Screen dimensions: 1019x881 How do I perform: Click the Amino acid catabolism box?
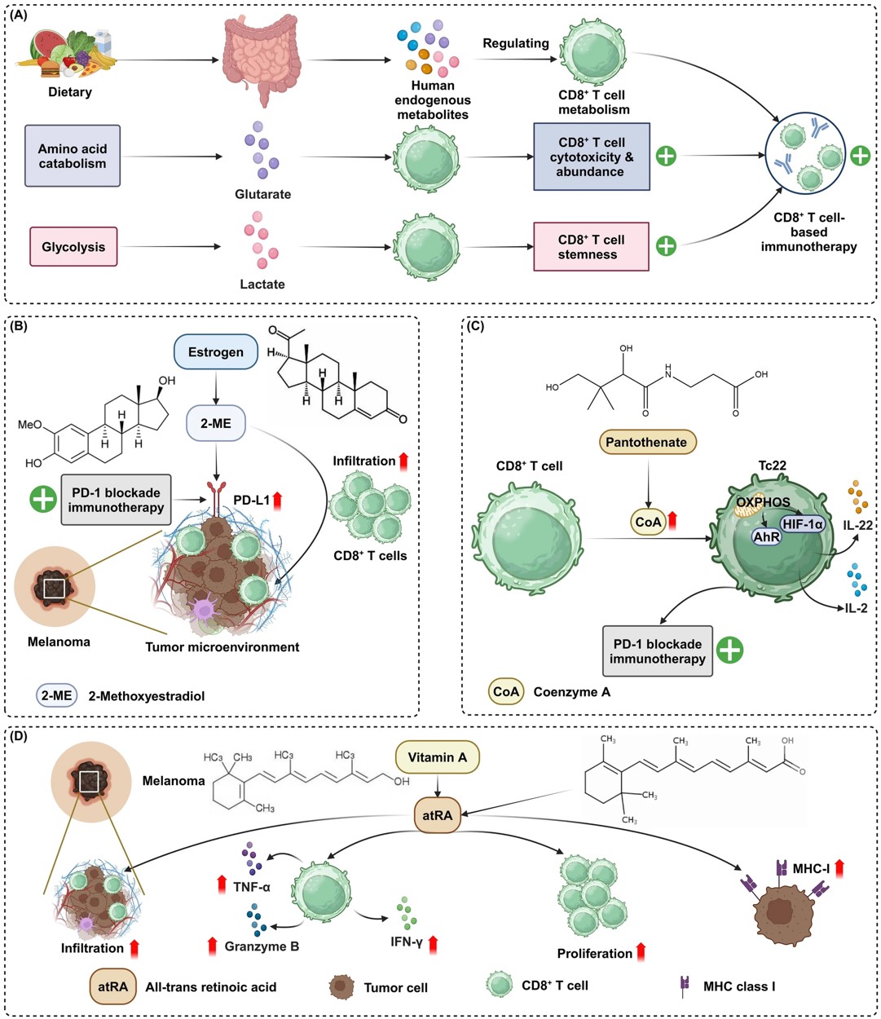click(x=73, y=156)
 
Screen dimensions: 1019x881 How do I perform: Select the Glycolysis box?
click(x=73, y=247)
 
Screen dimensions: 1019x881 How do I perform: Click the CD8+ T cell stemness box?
click(x=591, y=247)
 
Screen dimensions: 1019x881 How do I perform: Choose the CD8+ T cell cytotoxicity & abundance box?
click(x=591, y=157)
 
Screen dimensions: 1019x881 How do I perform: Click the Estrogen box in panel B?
click(x=216, y=352)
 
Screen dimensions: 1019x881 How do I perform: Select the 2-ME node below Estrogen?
click(x=216, y=424)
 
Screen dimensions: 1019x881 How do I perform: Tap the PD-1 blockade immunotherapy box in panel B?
click(x=116, y=500)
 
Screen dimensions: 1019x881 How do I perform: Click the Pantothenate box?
click(x=646, y=442)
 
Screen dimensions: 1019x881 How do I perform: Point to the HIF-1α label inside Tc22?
click(x=803, y=524)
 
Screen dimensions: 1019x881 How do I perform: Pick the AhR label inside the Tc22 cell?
click(x=767, y=537)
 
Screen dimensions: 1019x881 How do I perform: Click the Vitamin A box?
click(x=438, y=757)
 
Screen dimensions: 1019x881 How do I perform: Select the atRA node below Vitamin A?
click(x=438, y=814)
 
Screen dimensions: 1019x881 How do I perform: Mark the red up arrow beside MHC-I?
click(x=839, y=867)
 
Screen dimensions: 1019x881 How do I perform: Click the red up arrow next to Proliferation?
click(x=641, y=951)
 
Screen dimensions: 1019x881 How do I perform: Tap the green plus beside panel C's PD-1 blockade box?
click(x=729, y=650)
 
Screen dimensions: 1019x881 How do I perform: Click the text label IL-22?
click(x=857, y=525)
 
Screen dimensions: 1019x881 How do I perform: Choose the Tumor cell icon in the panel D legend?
click(x=341, y=986)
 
